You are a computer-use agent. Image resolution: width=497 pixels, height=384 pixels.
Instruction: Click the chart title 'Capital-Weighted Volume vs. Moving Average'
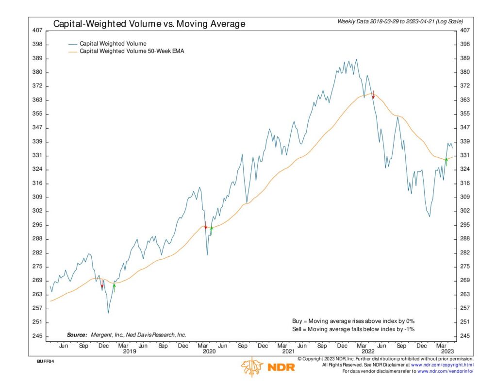tap(149, 24)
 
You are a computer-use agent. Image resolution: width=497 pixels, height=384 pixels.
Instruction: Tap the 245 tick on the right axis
tap(464, 336)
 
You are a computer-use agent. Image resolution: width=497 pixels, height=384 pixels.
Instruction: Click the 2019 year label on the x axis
tap(129, 351)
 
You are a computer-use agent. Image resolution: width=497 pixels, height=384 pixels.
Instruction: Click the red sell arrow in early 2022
tap(373, 95)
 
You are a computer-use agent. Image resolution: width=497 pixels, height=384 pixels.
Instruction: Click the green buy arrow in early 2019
tap(115, 286)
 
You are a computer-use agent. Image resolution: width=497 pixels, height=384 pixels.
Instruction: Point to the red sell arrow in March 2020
tap(206, 225)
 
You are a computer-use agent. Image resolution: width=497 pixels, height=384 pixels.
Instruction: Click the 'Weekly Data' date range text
tap(400, 21)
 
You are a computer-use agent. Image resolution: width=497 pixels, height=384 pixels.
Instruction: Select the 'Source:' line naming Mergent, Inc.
tap(126, 335)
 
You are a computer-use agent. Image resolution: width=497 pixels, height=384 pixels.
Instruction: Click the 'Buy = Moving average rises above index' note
tap(353, 321)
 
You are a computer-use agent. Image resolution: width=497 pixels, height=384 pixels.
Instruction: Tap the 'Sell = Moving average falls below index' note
tap(353, 329)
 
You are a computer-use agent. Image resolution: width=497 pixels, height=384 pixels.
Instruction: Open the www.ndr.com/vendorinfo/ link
tap(445, 371)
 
